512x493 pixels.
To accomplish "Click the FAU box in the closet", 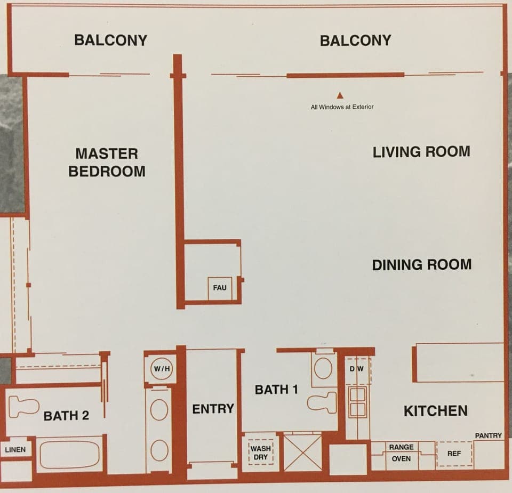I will tap(219, 288).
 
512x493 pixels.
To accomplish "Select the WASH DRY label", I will tap(261, 453).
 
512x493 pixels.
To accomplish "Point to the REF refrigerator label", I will tap(454, 454).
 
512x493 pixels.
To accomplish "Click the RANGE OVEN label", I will tap(401, 453).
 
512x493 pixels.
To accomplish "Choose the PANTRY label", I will tap(488, 435).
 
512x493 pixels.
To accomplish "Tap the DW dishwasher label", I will tap(356, 369).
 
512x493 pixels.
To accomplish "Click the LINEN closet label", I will tap(15, 450).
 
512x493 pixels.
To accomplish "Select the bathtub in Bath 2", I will tap(70, 455).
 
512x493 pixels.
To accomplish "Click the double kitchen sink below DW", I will tap(357, 402).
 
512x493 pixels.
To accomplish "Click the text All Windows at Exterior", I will tap(342, 107).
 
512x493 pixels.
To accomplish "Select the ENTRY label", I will tap(213, 409).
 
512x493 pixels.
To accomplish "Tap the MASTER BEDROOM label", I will tap(107, 163).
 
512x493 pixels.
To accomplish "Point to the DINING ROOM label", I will tap(421, 264).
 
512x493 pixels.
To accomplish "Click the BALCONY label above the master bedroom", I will tap(110, 40).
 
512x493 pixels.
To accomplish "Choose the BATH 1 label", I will tap(276, 390).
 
